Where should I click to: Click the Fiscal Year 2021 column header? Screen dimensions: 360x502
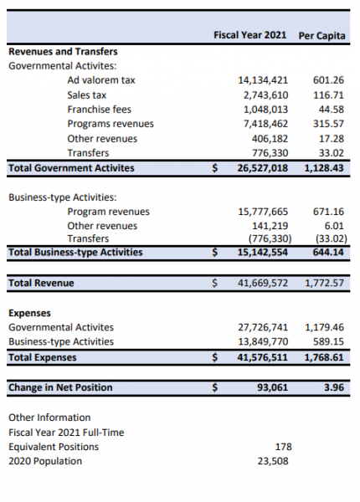pyautogui.click(x=249, y=35)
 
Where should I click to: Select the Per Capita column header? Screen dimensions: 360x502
pyautogui.click(x=321, y=35)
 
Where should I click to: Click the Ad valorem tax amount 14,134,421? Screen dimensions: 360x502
pyautogui.click(x=263, y=80)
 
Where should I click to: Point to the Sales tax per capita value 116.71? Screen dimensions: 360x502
pyautogui.click(x=328, y=95)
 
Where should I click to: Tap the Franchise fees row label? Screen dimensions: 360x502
pyautogui.click(x=100, y=110)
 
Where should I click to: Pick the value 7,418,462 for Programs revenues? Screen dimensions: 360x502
pyautogui.click(x=265, y=124)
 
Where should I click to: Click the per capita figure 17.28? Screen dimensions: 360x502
pyautogui.click(x=332, y=139)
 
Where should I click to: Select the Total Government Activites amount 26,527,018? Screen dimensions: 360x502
pyautogui.click(x=263, y=168)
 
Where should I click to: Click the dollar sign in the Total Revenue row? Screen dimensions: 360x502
pyautogui.click(x=215, y=283)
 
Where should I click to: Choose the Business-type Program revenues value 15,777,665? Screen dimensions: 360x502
pyautogui.click(x=263, y=212)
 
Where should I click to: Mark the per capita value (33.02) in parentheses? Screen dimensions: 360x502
pyautogui.click(x=332, y=238)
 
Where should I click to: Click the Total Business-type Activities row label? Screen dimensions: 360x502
pyautogui.click(x=75, y=253)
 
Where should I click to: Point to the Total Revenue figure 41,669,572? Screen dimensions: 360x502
pyautogui.click(x=263, y=283)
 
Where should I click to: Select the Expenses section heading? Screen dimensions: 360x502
pyautogui.click(x=29, y=313)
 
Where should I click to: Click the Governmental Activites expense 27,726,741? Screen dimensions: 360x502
pyautogui.click(x=263, y=327)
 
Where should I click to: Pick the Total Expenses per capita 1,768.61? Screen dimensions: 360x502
pyautogui.click(x=324, y=357)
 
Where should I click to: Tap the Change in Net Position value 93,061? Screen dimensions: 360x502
pyautogui.click(x=273, y=387)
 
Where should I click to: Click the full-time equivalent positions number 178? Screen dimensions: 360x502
pyautogui.click(x=284, y=447)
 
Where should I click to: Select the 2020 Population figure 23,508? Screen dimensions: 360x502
pyautogui.click(x=273, y=461)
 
